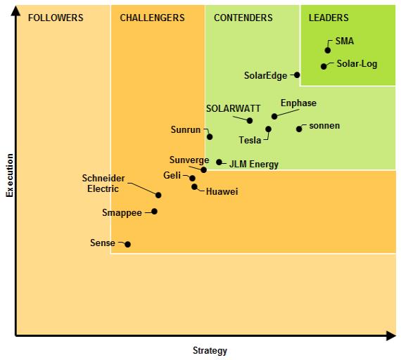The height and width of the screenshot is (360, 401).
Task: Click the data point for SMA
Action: click(328, 50)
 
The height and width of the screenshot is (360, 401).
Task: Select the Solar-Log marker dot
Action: click(324, 66)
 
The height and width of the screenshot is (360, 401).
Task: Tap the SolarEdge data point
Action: click(297, 75)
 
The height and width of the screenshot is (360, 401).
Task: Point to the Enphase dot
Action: click(274, 116)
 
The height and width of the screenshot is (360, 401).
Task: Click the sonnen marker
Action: click(299, 129)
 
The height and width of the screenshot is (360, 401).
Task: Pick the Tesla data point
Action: click(268, 129)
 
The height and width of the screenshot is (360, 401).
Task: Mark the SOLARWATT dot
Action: click(250, 120)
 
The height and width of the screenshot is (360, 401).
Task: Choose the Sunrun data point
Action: click(210, 136)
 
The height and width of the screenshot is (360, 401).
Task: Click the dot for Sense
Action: click(127, 244)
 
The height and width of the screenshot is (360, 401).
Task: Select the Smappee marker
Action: click(154, 211)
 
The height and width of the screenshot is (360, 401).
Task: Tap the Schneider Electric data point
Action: click(158, 195)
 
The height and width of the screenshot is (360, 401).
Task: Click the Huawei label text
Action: click(222, 191)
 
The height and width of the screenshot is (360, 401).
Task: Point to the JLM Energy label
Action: click(254, 165)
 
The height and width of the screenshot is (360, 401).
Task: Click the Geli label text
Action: click(172, 175)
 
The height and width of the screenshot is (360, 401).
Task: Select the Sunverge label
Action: click(189, 160)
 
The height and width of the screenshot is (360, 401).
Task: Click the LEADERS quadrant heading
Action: click(329, 18)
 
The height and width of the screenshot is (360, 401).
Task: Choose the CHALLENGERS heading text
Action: click(153, 18)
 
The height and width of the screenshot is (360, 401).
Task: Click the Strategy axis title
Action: click(210, 350)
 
